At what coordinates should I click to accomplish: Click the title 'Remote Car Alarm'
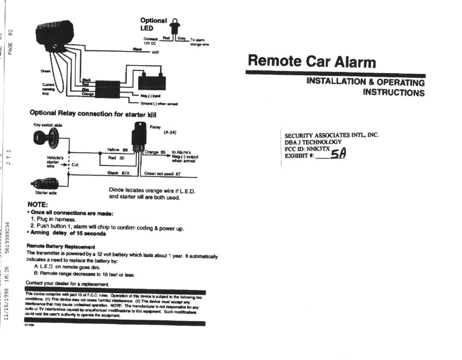pos(312,62)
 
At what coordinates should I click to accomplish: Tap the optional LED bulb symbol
pos(176,24)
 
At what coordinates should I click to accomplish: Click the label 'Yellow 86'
pos(117,150)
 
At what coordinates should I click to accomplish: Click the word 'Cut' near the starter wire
pos(75,164)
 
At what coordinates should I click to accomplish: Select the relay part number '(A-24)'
pos(171,132)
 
